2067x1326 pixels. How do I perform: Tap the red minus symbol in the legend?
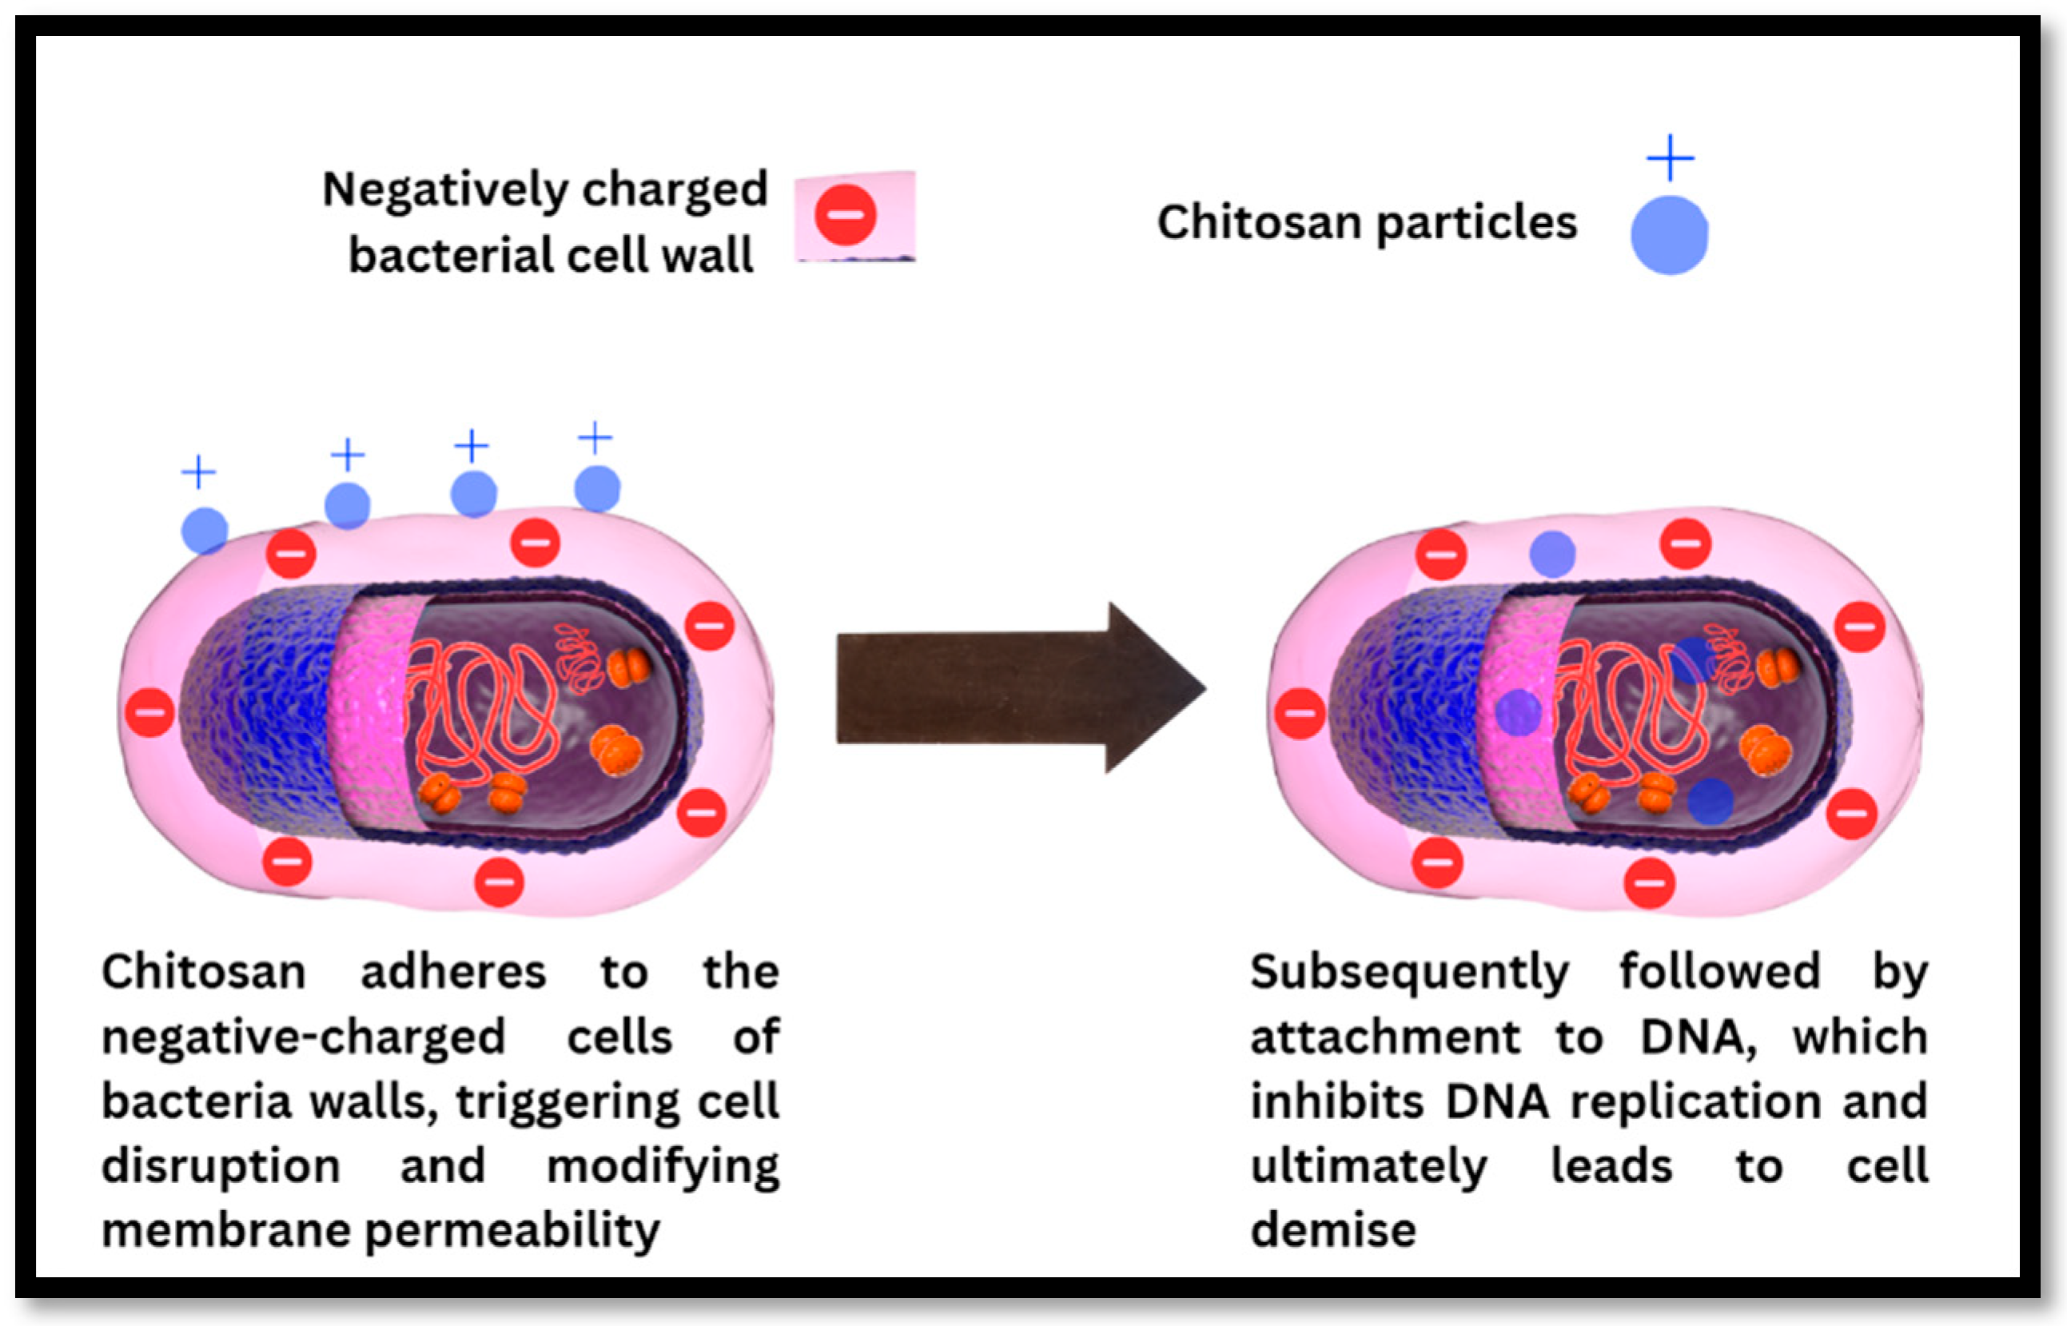tap(846, 214)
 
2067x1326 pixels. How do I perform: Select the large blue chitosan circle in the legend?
tap(1668, 235)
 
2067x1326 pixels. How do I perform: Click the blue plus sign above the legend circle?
tap(1669, 157)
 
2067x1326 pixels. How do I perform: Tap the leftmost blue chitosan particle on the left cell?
tap(205, 531)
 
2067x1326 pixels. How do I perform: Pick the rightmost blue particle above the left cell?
tap(596, 488)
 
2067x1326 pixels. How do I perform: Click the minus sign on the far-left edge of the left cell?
tap(149, 712)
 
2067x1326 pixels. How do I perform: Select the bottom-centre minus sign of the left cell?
tap(500, 882)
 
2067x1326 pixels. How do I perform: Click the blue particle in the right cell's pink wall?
tap(1552, 554)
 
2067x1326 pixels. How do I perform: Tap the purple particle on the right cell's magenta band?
tap(1518, 712)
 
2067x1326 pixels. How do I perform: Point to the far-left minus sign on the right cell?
tap(1299, 713)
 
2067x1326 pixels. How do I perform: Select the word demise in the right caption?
tap(1332, 1229)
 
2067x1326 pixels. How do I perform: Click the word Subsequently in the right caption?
tap(1409, 973)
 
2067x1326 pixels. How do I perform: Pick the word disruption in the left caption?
tap(221, 1166)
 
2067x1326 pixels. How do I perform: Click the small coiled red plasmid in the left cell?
tap(579, 658)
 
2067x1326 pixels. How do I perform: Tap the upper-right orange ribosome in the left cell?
tap(629, 667)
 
